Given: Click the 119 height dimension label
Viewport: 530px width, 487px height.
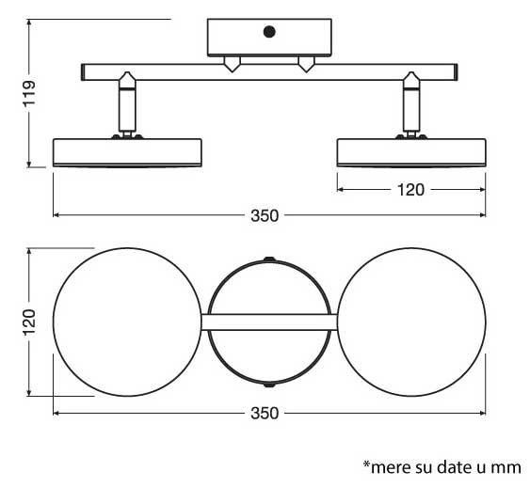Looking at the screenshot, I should click(x=29, y=94).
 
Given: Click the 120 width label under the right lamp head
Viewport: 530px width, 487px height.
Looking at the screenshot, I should click(x=410, y=190).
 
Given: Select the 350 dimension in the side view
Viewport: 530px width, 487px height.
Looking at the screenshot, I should click(x=265, y=215).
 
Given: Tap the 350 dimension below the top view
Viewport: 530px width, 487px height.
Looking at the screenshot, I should click(x=265, y=414).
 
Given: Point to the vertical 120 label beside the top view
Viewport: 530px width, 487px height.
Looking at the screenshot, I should click(x=29, y=322).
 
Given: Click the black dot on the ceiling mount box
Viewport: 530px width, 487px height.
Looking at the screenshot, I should click(x=269, y=32).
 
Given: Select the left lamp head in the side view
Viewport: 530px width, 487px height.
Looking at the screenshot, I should click(x=127, y=152).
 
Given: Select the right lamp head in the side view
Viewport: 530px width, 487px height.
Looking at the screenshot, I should click(x=410, y=152).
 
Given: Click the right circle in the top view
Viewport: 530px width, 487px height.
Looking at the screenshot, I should click(x=410, y=322).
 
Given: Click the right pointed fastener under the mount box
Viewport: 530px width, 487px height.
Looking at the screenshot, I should click(x=305, y=64).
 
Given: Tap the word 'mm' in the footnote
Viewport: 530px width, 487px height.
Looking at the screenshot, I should click(x=508, y=466).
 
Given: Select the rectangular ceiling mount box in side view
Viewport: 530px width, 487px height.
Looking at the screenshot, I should click(x=269, y=38).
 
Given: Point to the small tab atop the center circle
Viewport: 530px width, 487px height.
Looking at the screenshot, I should click(x=269, y=258).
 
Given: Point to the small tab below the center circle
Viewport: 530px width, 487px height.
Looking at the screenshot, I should click(x=269, y=386).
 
